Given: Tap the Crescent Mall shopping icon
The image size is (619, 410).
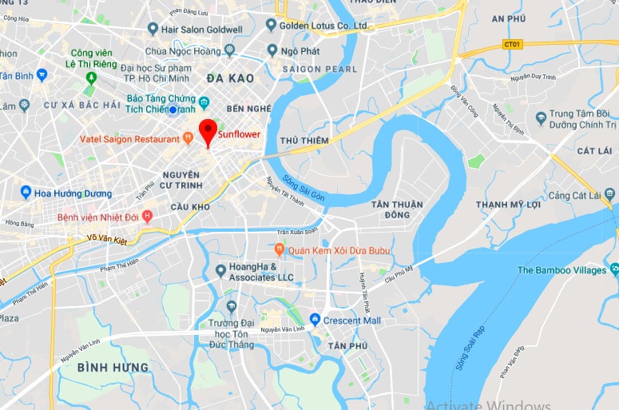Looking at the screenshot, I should (315, 320).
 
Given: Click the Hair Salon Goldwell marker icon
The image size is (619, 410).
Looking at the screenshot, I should (153, 29).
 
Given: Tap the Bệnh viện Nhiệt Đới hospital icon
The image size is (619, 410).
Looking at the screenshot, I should (146, 217).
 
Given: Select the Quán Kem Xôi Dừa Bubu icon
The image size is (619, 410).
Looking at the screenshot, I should (279, 250).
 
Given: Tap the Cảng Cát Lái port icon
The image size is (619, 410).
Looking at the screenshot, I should (611, 195).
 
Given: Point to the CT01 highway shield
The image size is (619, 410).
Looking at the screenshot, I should (513, 44).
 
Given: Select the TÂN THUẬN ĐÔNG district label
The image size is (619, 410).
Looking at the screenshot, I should (391, 209).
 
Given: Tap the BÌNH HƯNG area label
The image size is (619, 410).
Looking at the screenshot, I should (113, 367).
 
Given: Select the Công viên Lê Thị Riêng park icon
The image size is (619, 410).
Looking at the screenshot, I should (90, 78).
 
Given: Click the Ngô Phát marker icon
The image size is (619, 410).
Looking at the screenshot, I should (272, 50).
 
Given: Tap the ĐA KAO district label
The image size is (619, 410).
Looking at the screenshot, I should (229, 78).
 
